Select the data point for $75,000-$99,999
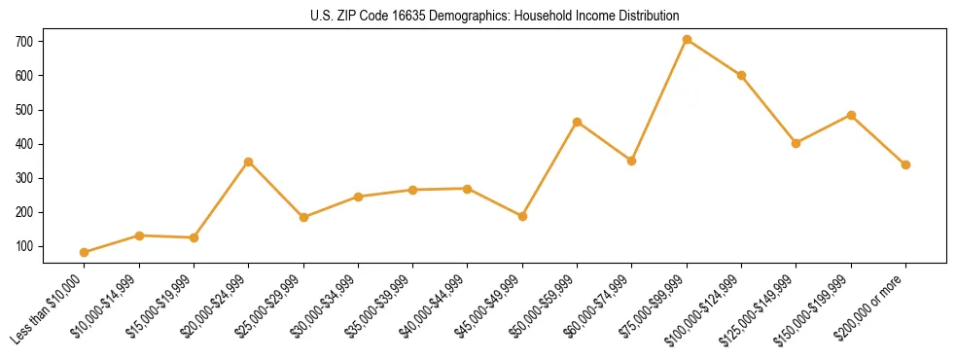tap(687, 40)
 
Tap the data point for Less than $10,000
tap(85, 252)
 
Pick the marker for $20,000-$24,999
tap(249, 162)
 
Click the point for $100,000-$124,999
tap(741, 75)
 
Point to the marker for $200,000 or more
tap(905, 164)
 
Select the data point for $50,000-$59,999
tap(578, 123)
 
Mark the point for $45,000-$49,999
tap(522, 216)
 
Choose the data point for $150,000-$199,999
tap(851, 115)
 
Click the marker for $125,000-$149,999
tap(796, 143)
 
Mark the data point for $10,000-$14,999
tap(139, 235)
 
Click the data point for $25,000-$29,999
tap(303, 217)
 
